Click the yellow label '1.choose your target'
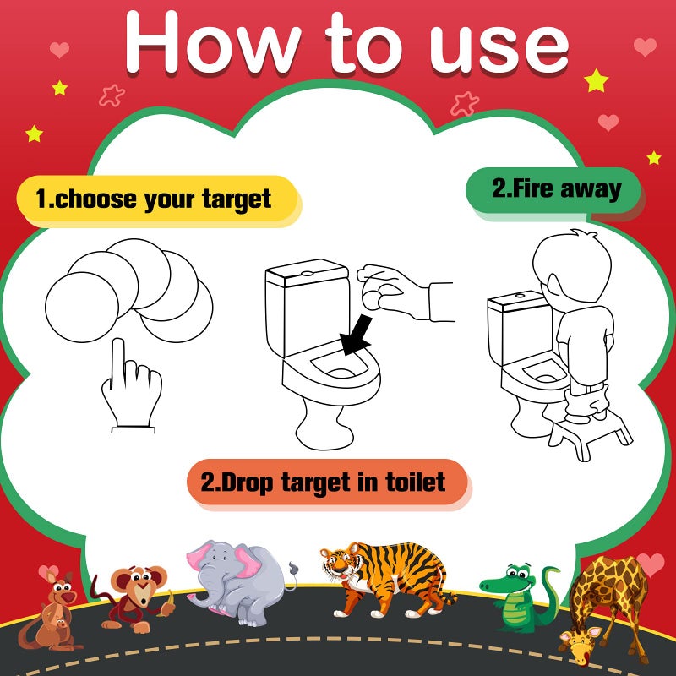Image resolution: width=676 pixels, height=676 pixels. coord(157,200)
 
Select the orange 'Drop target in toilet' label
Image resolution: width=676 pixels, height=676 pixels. coord(325,483)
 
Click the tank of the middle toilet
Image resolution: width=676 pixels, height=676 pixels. coord(306,308)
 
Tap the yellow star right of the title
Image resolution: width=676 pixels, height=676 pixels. coord(597,80)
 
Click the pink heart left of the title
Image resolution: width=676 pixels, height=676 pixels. coord(59,49)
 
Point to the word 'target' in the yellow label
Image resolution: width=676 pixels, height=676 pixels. coord(237,200)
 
